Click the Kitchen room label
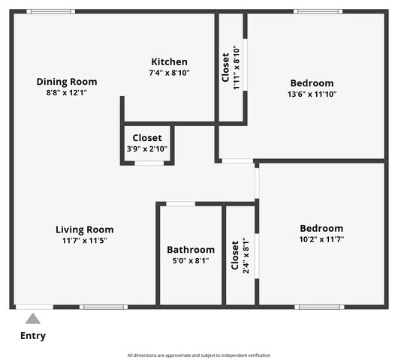click(169, 61)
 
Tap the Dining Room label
click(67, 82)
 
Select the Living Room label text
click(84, 229)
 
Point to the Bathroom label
click(191, 250)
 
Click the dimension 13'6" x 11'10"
click(312, 94)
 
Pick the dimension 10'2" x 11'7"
click(321, 239)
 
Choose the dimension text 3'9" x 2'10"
click(147, 149)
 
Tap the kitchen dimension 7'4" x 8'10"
click(169, 73)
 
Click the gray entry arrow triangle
click(33, 319)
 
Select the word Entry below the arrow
click(33, 336)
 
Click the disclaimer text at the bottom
click(199, 355)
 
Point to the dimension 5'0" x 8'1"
click(191, 261)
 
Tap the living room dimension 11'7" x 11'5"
click(84, 241)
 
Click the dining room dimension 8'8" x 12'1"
click(67, 92)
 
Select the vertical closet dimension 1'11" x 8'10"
click(237, 68)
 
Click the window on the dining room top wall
click(50, 11)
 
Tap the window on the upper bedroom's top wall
click(318, 11)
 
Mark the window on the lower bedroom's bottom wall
click(319, 307)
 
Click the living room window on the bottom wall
click(104, 307)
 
